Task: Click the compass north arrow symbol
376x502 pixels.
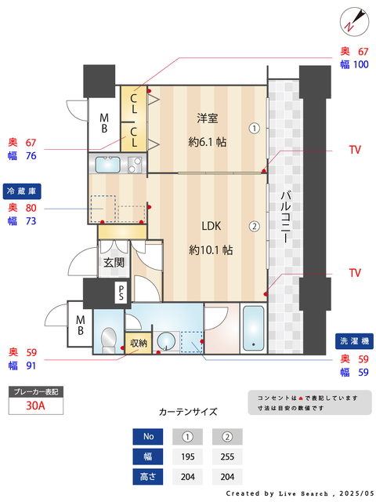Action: point(354,22)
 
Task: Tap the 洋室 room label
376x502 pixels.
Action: point(207,118)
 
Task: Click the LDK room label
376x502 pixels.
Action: point(211,226)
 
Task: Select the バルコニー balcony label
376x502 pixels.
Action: point(285,217)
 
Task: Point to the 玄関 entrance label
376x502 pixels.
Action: point(114,263)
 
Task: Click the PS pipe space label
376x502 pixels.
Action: point(121,293)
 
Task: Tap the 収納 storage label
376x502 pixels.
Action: point(138,344)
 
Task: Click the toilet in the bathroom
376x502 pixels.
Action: point(109,340)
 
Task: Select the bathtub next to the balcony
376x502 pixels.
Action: point(254,329)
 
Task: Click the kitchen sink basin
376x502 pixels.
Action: point(108,165)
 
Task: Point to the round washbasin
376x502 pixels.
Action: point(165,341)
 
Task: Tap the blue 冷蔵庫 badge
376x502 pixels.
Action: point(22,191)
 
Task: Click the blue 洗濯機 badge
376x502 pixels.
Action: point(354,341)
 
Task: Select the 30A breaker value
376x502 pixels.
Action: point(35,406)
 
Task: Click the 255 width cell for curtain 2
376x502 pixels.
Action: point(227,457)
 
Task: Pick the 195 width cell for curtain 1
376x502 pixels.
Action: point(188,457)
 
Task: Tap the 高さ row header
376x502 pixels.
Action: point(148,477)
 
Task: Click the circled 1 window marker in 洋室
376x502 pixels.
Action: point(254,129)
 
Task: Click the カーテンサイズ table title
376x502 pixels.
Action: point(188,412)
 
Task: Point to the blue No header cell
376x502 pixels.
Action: point(148,437)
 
